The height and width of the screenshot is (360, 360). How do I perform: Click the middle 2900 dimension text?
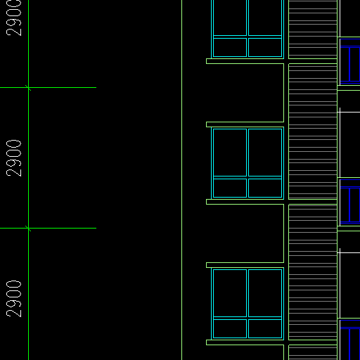(x=13, y=158)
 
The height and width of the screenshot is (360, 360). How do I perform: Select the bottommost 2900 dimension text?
(x=13, y=299)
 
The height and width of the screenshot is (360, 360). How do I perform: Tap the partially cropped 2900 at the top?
(x=13, y=18)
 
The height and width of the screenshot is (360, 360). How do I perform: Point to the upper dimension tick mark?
(x=28, y=88)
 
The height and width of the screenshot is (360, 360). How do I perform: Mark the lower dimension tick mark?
(x=28, y=229)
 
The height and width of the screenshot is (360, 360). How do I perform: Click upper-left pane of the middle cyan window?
(x=230, y=153)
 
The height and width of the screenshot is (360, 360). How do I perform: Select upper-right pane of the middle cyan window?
(x=265, y=153)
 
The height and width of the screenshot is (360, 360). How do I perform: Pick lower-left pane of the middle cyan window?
(x=230, y=188)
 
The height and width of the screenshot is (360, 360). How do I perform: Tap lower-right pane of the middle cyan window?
(x=265, y=188)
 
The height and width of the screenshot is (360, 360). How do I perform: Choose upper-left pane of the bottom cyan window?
(x=230, y=293)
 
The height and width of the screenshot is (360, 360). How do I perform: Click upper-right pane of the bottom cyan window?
(x=265, y=293)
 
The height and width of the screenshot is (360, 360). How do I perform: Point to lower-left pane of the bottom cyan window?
(x=230, y=328)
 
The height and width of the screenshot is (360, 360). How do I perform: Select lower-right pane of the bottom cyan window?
(x=265, y=328)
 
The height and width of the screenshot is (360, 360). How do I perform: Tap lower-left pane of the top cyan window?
(x=230, y=47)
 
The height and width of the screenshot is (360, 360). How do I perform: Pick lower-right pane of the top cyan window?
(x=265, y=47)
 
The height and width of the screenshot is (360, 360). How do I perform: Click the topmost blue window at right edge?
(x=350, y=61)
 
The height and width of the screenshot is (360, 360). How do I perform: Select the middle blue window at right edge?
(x=350, y=202)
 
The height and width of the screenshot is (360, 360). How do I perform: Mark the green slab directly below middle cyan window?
(x=245, y=202)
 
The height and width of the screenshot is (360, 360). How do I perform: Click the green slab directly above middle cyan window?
(x=245, y=124)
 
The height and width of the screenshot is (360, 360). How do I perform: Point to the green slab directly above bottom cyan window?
(x=245, y=265)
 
